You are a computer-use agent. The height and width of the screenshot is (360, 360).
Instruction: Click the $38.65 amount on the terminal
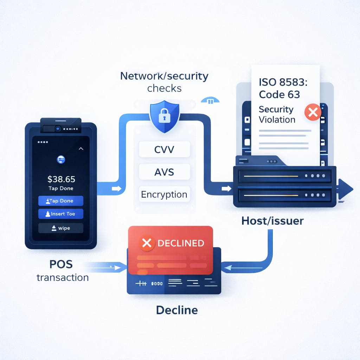(x=62, y=179)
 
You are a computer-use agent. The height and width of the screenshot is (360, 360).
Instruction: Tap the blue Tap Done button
(x=60, y=201)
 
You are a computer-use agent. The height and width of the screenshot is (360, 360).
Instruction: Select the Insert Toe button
(x=60, y=214)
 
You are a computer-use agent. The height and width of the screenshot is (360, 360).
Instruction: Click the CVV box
(x=164, y=149)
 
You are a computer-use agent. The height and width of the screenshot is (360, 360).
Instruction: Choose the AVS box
(x=164, y=172)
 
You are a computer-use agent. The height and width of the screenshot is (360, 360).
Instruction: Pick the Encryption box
(x=164, y=194)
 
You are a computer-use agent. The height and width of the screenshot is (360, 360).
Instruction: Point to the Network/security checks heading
(x=164, y=81)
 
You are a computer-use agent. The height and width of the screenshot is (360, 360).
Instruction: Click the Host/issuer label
(x=272, y=221)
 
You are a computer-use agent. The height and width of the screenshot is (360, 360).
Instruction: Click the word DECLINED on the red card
(x=180, y=243)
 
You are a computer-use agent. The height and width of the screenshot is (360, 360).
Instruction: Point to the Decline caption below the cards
(x=177, y=310)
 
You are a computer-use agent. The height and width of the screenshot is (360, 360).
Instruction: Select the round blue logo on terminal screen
(x=61, y=160)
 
